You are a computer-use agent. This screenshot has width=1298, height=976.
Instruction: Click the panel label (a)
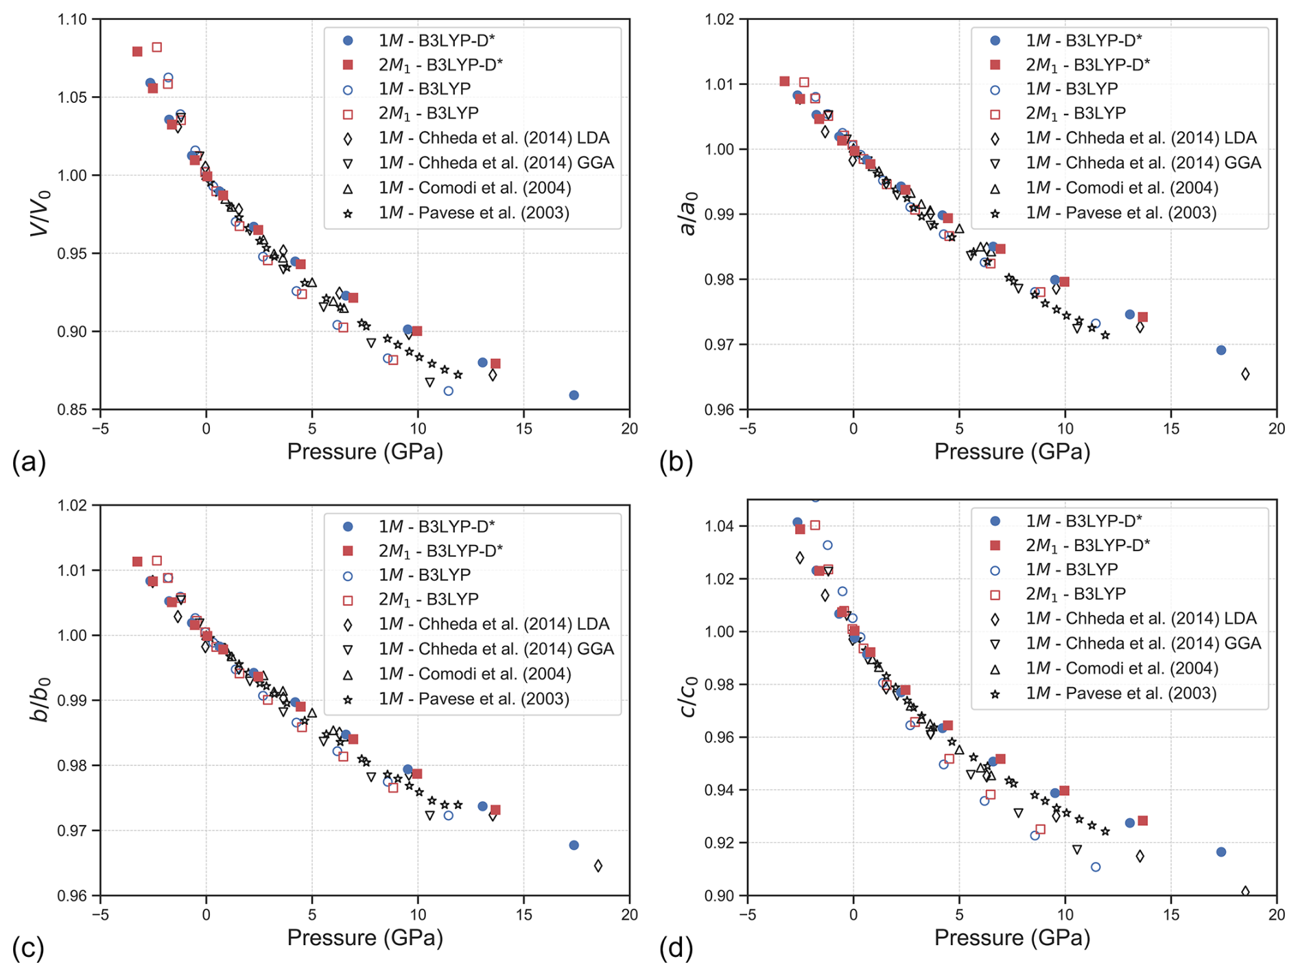pyautogui.click(x=29, y=463)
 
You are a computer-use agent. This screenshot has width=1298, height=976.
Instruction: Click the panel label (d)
pyautogui.click(x=676, y=949)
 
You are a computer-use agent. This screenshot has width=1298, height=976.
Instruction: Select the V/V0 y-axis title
pyautogui.click(x=40, y=213)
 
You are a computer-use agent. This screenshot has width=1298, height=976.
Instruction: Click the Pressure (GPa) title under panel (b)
pyautogui.click(x=1012, y=452)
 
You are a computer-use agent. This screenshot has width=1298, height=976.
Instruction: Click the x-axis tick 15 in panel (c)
pyautogui.click(x=524, y=915)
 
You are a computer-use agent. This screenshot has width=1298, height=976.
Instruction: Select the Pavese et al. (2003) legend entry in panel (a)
pyautogui.click(x=473, y=213)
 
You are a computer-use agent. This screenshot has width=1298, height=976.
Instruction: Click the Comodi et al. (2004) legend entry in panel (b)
pyautogui.click(x=1122, y=188)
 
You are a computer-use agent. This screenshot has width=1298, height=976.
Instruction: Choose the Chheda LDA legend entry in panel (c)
pyautogui.click(x=494, y=624)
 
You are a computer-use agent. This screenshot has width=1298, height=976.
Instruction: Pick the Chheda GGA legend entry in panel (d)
pyautogui.click(x=1143, y=643)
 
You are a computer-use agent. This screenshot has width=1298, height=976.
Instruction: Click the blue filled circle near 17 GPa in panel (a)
pyautogui.click(x=574, y=395)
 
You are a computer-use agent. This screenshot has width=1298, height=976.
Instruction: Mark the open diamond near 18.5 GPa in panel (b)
pyautogui.click(x=1245, y=374)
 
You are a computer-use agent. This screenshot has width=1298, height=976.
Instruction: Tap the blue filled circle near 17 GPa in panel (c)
pyautogui.click(x=574, y=846)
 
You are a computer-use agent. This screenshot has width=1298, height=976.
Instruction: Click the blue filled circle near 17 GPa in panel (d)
pyautogui.click(x=1221, y=852)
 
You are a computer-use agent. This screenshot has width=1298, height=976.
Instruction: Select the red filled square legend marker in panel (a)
pyautogui.click(x=348, y=65)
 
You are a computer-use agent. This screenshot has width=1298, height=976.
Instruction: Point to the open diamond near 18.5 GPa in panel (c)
pyautogui.click(x=598, y=866)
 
